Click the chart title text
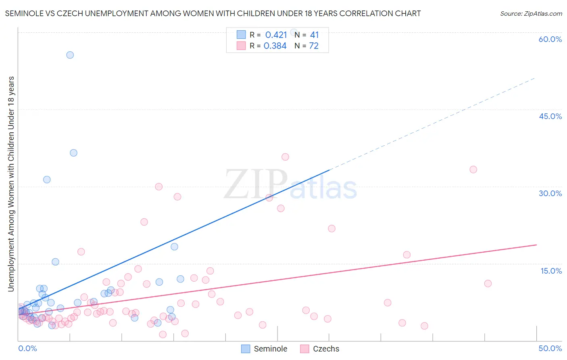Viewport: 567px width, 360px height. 213,13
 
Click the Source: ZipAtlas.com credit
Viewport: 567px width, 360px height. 531,13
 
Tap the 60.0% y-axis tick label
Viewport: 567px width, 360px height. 550,39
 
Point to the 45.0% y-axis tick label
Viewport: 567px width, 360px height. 550,116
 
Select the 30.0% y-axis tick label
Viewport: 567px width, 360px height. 550,193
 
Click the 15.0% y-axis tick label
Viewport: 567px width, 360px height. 551,271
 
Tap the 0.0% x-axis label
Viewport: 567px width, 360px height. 27,348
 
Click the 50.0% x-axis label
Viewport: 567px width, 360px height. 550,348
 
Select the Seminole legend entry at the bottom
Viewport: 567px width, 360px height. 270,349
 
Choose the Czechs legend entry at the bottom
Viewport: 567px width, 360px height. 326,349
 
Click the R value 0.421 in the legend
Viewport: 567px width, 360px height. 276,35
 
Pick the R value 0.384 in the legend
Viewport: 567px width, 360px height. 275,46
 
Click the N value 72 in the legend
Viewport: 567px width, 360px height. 314,46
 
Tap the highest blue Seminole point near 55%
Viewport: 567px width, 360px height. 70,55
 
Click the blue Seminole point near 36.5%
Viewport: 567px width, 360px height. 73,153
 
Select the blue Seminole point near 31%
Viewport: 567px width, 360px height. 47,180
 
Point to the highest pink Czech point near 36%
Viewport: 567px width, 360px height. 285,157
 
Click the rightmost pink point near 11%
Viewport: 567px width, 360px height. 488,283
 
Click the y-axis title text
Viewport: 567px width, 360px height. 11,184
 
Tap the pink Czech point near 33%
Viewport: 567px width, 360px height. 473,170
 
